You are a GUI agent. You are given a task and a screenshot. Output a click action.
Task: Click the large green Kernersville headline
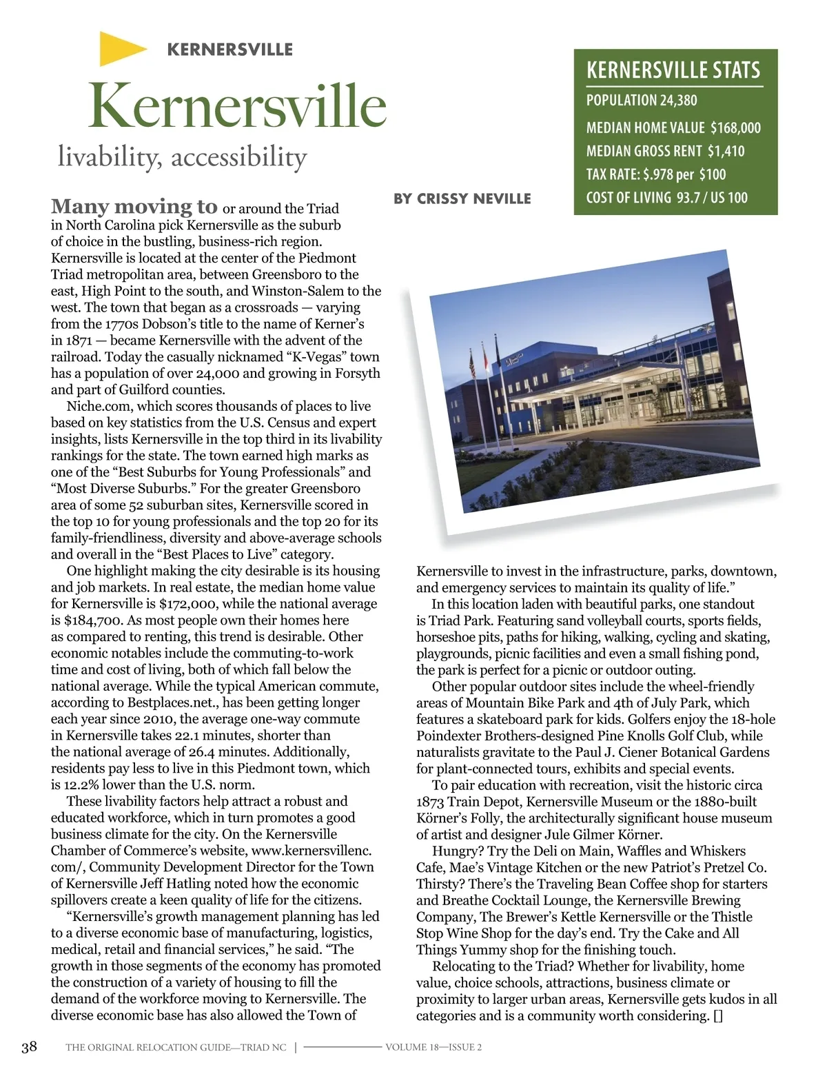pos(237,105)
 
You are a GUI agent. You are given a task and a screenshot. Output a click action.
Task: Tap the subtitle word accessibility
pos(238,157)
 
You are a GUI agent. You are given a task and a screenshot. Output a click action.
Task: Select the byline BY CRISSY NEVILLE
pos(462,199)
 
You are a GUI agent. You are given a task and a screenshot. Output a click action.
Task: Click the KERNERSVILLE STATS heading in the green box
pos(673,70)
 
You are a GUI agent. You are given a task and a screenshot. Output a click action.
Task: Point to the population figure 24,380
pos(678,101)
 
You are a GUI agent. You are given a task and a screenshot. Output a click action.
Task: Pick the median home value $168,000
pos(735,128)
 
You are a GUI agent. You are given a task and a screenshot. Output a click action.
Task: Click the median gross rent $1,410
pos(726,151)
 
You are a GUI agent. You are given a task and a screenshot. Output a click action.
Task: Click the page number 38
pos(29,1047)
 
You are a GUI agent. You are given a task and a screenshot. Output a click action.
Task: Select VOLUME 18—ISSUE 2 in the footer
pos(433,1047)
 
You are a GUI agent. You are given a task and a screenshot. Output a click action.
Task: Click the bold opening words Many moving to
pos(134,206)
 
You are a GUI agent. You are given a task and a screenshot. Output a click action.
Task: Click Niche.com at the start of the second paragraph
pos(99,406)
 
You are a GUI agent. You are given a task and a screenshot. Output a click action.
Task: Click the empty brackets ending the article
pos(717,1016)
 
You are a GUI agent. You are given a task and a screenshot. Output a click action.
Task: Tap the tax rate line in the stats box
pos(655,174)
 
